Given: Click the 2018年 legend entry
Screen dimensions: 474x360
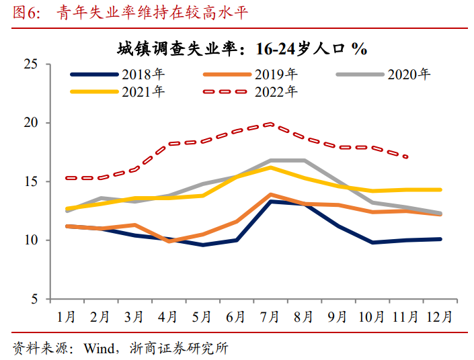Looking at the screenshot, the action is (117, 75).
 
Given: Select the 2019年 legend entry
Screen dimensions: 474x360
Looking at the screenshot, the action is (250, 75).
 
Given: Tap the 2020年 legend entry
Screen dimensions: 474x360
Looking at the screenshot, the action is (383, 75).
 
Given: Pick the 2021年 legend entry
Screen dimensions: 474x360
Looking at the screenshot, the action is (117, 91).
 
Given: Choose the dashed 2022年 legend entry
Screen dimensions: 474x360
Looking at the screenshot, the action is (250, 91).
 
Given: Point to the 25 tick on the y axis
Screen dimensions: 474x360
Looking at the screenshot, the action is (31, 64).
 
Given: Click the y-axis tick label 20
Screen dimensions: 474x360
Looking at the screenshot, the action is (31, 123).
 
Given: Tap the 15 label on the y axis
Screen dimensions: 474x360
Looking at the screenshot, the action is (31, 181).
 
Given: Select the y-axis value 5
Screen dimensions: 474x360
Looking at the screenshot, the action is (34, 299).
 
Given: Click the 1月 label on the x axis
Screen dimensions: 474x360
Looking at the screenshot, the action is (67, 317).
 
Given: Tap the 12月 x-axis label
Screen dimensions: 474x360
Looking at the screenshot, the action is (440, 317).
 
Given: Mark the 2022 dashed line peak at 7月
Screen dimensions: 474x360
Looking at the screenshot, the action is (270, 124).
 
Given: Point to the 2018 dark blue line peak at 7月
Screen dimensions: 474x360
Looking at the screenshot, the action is (270, 201).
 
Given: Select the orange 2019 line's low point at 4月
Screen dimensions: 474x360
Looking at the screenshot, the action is (169, 241).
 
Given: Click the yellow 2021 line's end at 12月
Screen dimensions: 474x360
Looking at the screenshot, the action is (440, 189).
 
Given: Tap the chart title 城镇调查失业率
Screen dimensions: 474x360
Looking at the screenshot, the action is (177, 48).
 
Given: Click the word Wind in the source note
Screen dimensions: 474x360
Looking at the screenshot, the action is (99, 348).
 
